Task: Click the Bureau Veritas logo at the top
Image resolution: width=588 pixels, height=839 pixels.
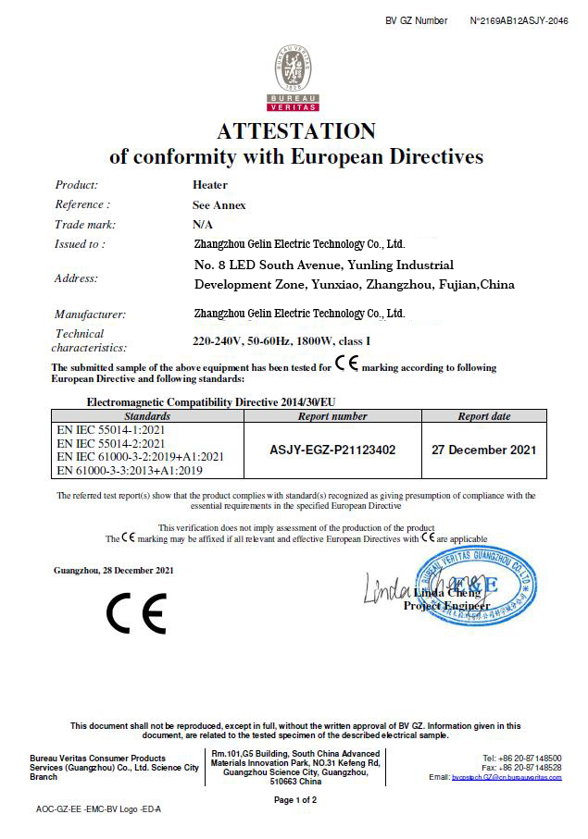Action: [x=295, y=80]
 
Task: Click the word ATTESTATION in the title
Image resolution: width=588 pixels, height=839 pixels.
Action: [x=295, y=130]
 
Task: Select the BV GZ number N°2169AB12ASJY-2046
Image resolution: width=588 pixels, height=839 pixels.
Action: [x=519, y=20]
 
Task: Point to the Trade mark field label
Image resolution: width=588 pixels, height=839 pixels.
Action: [x=85, y=224]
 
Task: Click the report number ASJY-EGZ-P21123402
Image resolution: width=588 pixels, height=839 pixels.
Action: [x=332, y=450]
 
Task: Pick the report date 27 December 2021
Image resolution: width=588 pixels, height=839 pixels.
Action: [x=483, y=450]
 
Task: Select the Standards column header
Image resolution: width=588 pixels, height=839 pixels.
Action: [x=147, y=416]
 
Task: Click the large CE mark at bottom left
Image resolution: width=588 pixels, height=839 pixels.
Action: [x=136, y=613]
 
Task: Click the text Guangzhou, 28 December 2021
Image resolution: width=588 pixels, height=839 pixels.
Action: [x=114, y=570]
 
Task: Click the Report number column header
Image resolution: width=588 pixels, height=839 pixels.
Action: [x=332, y=416]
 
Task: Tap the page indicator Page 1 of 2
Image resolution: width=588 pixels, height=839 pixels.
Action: [x=295, y=799]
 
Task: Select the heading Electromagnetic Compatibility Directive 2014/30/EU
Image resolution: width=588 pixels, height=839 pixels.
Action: [x=213, y=403]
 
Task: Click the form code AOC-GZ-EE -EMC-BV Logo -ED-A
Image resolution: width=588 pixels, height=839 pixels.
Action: [x=99, y=809]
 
